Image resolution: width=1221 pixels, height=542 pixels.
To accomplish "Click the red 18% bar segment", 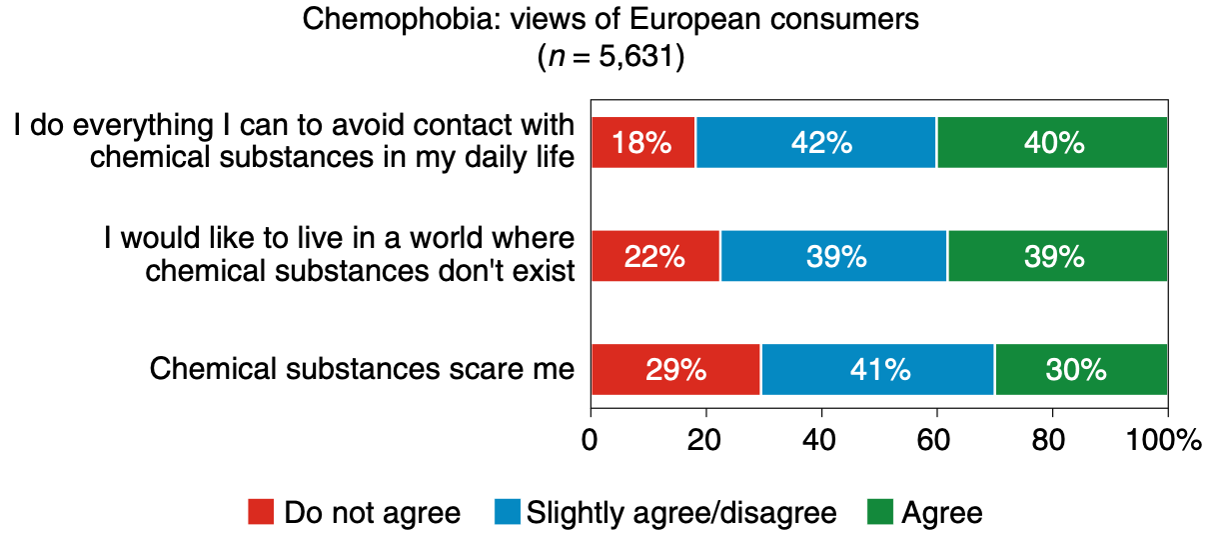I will pyautogui.click(x=642, y=143).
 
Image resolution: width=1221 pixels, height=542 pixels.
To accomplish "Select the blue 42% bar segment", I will pyautogui.click(x=815, y=143).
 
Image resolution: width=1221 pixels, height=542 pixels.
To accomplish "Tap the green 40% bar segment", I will pyautogui.click(x=1052, y=143).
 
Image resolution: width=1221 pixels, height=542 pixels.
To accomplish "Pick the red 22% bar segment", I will pyautogui.click(x=654, y=257).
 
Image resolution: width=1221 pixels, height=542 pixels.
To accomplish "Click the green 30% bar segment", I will pyautogui.click(x=1080, y=370).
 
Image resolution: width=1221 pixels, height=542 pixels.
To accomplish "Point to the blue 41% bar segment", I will pyautogui.click(x=876, y=370).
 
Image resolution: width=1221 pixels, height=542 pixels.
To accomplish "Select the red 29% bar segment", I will pyautogui.click(x=675, y=370).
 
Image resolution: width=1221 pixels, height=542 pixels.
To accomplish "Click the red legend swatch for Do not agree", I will pyautogui.click(x=261, y=513).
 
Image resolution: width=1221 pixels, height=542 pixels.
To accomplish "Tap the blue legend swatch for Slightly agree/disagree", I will pyautogui.click(x=507, y=513).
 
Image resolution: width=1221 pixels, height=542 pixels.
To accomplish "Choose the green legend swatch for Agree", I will pyautogui.click(x=880, y=513).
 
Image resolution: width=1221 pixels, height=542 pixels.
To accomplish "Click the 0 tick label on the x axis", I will pyautogui.click(x=591, y=441).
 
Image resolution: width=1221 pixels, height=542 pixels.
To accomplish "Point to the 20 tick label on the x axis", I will pyautogui.click(x=705, y=441).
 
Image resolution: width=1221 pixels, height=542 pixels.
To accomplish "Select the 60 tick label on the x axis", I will pyautogui.click(x=936, y=441).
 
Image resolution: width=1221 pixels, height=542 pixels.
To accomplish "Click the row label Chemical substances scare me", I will pyautogui.click(x=362, y=370).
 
